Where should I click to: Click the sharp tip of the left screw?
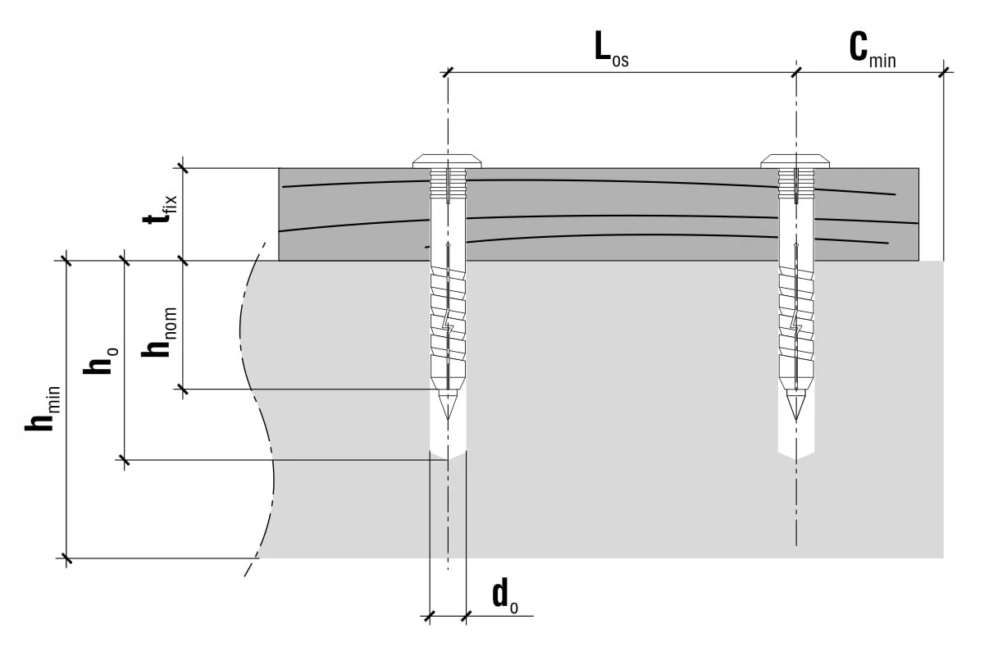[x=448, y=420]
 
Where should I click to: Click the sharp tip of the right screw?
[x=796, y=421]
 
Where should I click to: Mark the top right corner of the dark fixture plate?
[x=918, y=168]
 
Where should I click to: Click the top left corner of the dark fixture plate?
[x=279, y=168]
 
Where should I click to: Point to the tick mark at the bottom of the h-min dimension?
[x=66, y=558]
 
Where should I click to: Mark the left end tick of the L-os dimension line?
[x=448, y=72]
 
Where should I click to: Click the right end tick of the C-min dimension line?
[x=943, y=72]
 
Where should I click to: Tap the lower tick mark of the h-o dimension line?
[x=125, y=460]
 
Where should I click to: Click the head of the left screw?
[x=447, y=162]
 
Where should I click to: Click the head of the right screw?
[x=795, y=162]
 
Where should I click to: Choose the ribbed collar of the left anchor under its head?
[x=448, y=182]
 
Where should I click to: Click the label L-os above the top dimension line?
[x=612, y=49]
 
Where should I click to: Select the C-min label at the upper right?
[x=872, y=51]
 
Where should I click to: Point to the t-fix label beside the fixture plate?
[x=160, y=210]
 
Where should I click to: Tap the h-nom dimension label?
[x=159, y=332]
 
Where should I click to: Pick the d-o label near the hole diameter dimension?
[x=505, y=596]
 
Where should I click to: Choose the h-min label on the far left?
[x=42, y=408]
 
